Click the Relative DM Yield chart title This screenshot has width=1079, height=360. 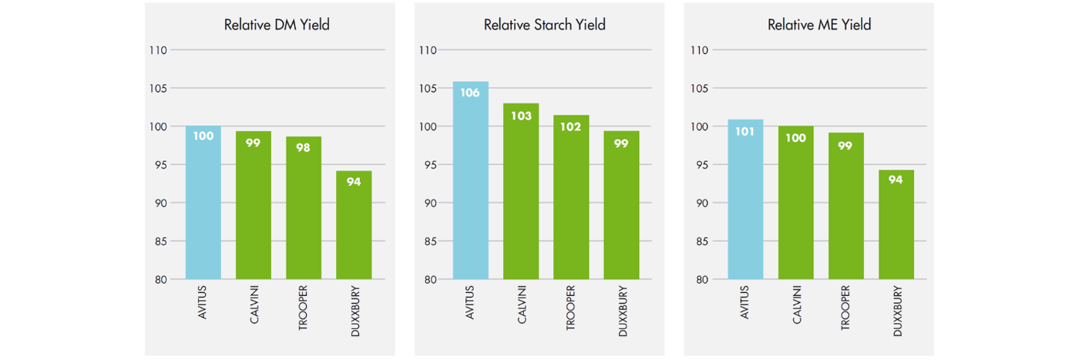[x=277, y=25]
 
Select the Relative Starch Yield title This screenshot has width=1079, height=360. [x=544, y=25]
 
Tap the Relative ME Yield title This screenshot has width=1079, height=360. [x=819, y=25]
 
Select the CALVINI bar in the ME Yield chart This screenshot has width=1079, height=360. [x=795, y=204]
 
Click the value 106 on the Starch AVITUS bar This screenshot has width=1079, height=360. [x=470, y=93]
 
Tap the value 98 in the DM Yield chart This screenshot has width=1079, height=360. [x=304, y=147]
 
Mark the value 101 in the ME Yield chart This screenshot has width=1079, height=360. [x=745, y=131]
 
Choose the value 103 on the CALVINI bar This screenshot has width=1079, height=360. [x=521, y=116]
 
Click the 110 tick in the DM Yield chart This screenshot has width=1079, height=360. [x=158, y=50]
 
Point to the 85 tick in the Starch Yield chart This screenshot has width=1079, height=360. [x=428, y=241]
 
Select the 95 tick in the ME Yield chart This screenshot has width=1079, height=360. [x=699, y=165]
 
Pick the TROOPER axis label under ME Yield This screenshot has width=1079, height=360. [x=846, y=307]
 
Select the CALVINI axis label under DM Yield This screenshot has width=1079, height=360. [x=254, y=304]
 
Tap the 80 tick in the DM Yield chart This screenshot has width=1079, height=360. [x=160, y=279]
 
